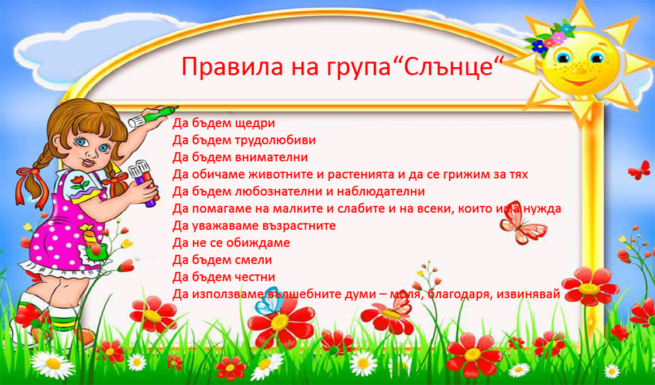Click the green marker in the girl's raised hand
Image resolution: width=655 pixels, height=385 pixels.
[154, 115]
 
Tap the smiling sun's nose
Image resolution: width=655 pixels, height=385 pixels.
[578, 71]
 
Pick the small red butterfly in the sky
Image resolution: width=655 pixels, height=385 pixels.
[639, 170]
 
